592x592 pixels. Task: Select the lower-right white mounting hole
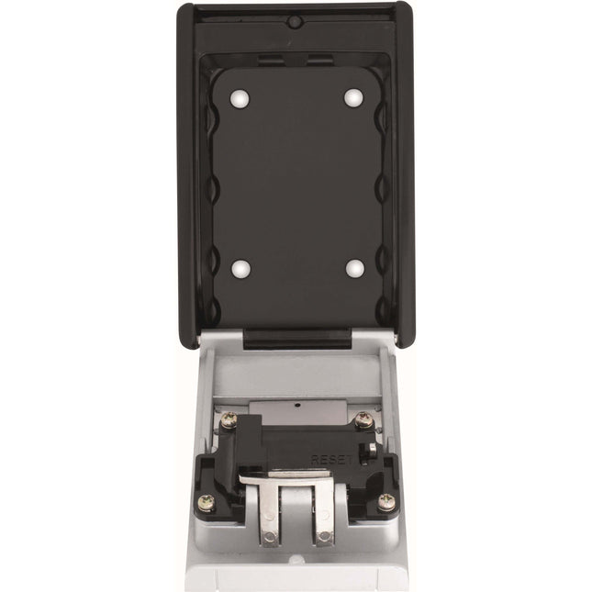click(352, 268)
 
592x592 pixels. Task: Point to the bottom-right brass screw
click(385, 501)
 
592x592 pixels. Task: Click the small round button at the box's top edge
click(296, 20)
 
